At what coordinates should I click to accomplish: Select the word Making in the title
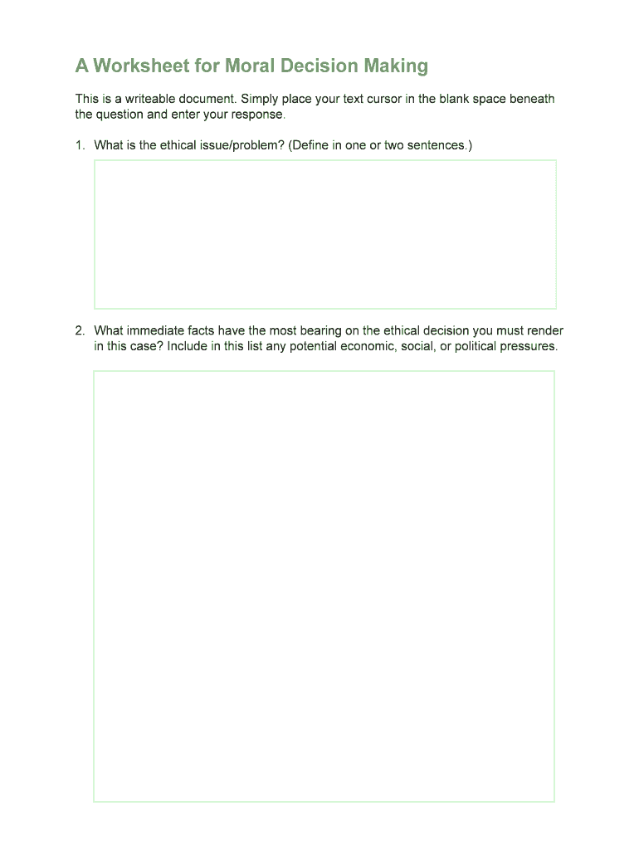coord(393,66)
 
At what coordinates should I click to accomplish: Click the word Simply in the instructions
coord(259,99)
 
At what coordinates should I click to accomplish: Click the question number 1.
coord(80,145)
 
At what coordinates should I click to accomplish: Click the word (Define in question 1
coord(310,145)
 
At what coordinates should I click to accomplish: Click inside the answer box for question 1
coord(324,234)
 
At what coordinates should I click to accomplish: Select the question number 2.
coord(80,330)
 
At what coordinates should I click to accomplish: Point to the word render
coord(546,330)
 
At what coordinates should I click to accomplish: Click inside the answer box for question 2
coord(324,585)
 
